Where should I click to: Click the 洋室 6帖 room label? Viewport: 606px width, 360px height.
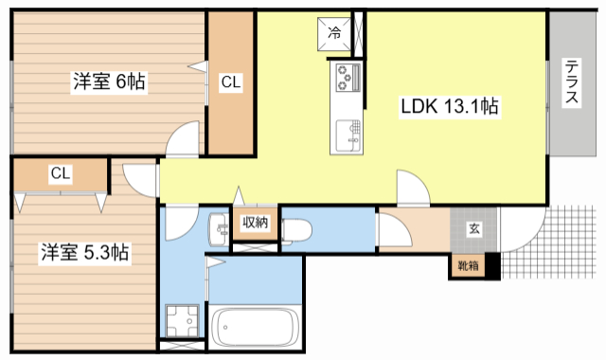pos(109,82)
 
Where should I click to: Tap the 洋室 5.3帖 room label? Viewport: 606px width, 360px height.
pos(84,253)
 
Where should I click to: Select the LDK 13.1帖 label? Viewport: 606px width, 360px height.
pos(449,106)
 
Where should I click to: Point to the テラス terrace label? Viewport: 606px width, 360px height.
pos(574,84)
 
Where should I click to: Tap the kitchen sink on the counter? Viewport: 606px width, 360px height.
pos(347,133)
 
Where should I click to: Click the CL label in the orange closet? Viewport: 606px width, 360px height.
pos(231,83)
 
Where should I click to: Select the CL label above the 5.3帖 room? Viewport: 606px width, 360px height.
pos(60,173)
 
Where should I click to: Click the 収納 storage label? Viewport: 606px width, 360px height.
pos(255,224)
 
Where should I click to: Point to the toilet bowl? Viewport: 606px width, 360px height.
pos(295,230)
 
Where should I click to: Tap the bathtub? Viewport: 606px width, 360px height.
pos(254,329)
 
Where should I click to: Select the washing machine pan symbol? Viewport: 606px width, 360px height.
pos(181,321)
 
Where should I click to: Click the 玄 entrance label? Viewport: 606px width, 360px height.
pos(473,227)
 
